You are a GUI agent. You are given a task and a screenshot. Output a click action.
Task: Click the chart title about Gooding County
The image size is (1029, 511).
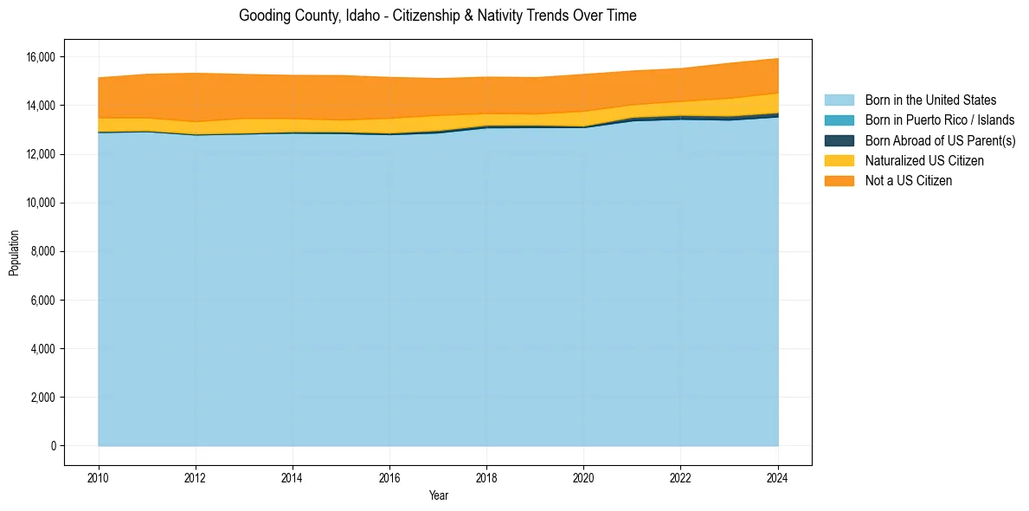click(437, 16)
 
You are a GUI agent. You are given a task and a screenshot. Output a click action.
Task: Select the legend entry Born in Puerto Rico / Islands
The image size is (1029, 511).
click(940, 120)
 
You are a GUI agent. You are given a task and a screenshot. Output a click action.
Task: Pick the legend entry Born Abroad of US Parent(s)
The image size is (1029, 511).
click(940, 140)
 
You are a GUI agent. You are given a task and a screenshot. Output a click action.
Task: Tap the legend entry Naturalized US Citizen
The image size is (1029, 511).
click(924, 160)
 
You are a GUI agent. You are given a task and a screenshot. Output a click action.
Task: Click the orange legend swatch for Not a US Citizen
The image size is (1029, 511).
click(839, 181)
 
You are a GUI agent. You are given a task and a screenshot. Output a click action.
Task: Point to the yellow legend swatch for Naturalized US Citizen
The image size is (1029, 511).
click(839, 160)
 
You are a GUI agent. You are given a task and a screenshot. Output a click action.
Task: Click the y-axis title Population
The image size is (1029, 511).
click(14, 253)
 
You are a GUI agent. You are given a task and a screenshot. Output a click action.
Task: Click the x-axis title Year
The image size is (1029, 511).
click(438, 496)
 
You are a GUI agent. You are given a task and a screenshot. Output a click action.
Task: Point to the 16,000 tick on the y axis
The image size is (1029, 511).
click(40, 57)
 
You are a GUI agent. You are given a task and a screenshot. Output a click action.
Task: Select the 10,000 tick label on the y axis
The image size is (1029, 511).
click(40, 203)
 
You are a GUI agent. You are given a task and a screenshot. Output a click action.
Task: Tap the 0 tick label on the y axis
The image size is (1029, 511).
click(52, 446)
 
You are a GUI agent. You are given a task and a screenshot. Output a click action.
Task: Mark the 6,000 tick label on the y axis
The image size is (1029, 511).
click(42, 301)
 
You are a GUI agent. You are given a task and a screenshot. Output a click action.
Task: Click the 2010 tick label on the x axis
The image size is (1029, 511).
click(99, 476)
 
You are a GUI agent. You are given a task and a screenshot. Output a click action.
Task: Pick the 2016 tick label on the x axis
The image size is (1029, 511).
click(389, 476)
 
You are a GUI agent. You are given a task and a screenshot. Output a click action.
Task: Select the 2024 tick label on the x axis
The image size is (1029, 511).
click(777, 476)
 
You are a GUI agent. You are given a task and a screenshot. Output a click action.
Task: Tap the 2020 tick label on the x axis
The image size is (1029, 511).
click(583, 476)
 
